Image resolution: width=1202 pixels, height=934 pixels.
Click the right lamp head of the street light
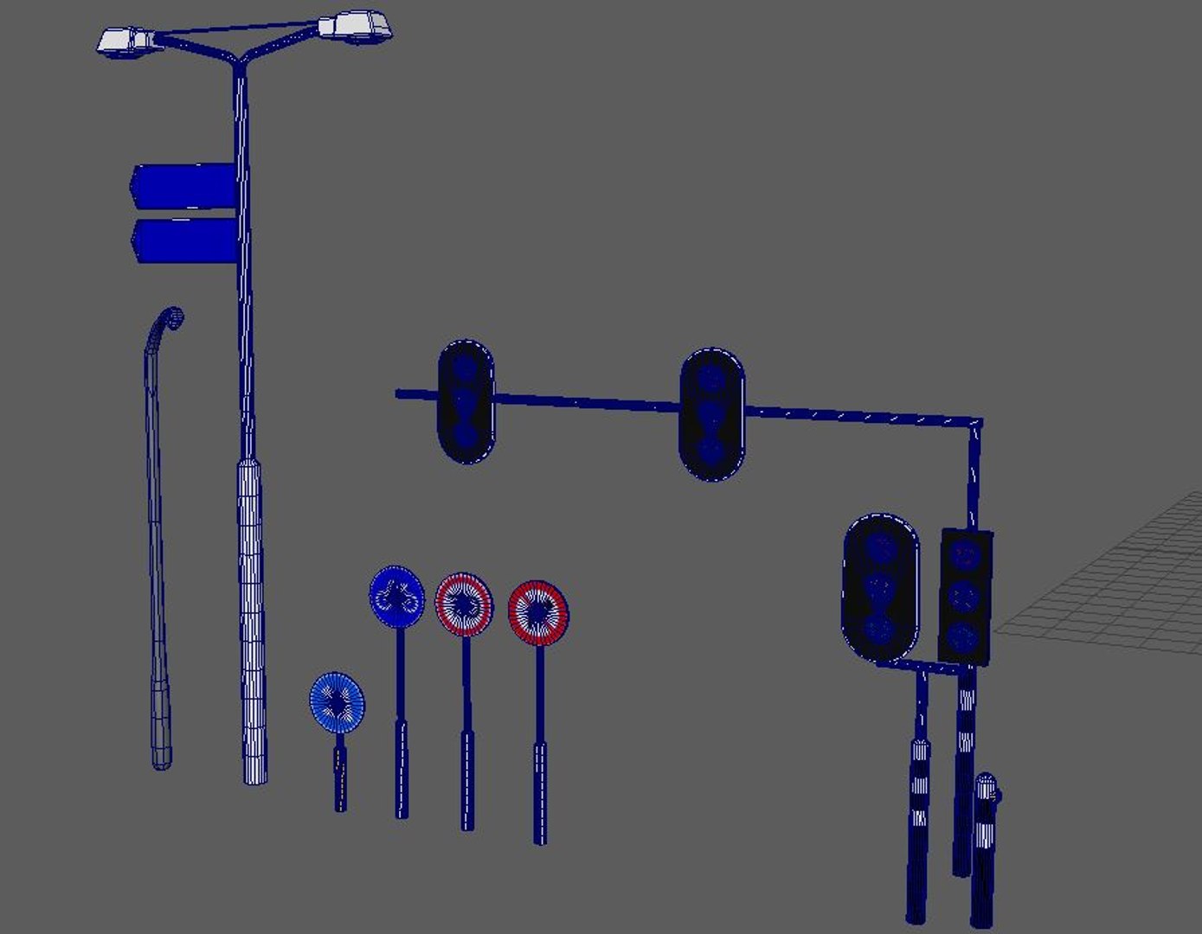(356, 26)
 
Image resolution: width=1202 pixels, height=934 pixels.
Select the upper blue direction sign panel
(184, 185)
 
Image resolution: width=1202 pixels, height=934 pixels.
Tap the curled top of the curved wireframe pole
(174, 317)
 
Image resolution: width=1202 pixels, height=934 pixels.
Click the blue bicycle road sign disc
(396, 596)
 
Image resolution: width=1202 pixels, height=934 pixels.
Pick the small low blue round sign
(337, 701)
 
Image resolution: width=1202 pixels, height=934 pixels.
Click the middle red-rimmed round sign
(464, 604)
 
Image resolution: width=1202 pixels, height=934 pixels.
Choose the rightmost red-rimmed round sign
(538, 612)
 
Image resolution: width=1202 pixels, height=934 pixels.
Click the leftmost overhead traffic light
(466, 401)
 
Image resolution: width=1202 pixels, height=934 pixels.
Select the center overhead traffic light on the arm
(711, 414)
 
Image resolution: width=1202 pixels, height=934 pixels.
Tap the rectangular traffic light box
(965, 597)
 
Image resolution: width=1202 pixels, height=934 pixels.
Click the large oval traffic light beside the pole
(880, 588)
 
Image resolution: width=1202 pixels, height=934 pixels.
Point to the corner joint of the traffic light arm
(975, 424)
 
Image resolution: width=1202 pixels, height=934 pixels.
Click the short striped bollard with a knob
(985, 848)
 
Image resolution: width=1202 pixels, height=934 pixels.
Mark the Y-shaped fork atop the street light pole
(239, 62)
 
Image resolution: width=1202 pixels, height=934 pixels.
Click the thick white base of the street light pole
(252, 623)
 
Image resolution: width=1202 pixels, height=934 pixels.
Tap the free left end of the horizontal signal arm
(400, 393)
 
